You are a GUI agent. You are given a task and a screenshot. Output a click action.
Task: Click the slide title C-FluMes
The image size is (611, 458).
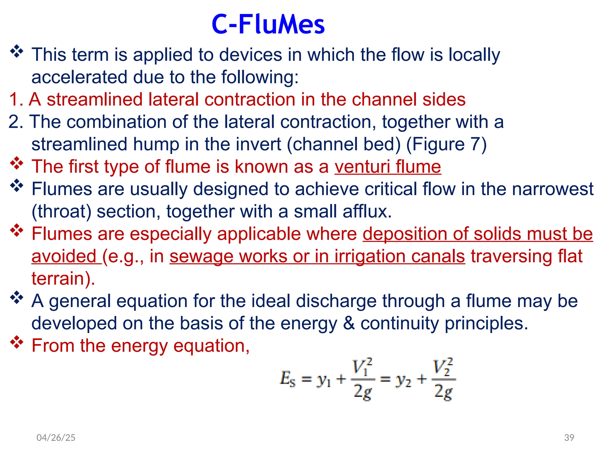pyautogui.click(x=268, y=24)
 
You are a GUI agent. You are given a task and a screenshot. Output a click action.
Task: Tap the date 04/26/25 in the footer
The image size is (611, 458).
pyautogui.click(x=56, y=437)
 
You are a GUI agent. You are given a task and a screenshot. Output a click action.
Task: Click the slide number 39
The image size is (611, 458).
pyautogui.click(x=569, y=437)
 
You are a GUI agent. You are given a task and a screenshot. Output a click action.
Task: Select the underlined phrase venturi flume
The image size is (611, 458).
pyautogui.click(x=388, y=166)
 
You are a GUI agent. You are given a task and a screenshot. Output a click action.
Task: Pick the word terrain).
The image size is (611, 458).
pyautogui.click(x=63, y=278)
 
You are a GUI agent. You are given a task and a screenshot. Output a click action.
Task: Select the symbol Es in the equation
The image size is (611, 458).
pyautogui.click(x=288, y=379)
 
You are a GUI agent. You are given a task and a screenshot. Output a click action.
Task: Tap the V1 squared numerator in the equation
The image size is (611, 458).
pyautogui.click(x=362, y=366)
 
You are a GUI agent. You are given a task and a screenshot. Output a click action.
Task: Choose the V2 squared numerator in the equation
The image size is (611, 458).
pyautogui.click(x=443, y=366)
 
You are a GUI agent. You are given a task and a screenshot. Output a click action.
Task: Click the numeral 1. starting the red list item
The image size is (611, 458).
pyautogui.click(x=16, y=99)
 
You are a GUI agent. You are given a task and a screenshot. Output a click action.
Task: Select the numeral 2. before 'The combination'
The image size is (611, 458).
pyautogui.click(x=16, y=122)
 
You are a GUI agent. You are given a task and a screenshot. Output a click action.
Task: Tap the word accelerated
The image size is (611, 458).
pyautogui.click(x=79, y=77)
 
